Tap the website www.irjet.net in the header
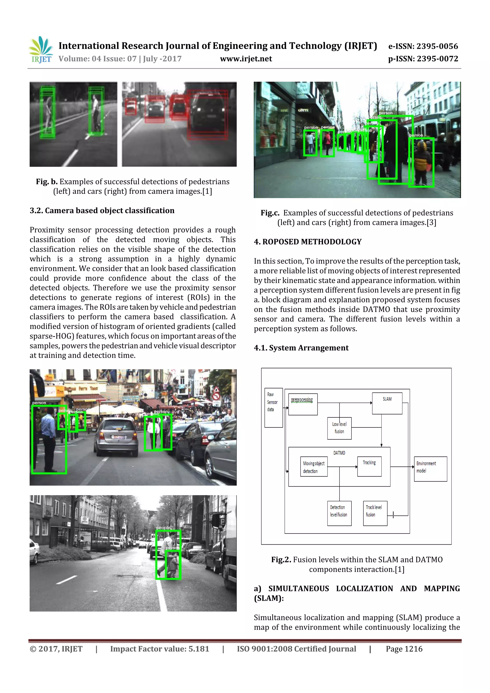(246, 59)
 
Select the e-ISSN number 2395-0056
(423, 46)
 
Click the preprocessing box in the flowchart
(302, 404)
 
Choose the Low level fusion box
(339, 428)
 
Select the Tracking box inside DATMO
(369, 466)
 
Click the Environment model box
(430, 469)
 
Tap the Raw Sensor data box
(273, 407)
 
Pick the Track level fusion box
(375, 513)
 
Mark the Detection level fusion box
(339, 513)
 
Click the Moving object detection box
(314, 467)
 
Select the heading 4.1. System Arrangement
(301, 348)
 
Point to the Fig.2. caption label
(281, 560)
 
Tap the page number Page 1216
(404, 649)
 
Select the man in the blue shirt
(48, 438)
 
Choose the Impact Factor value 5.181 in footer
(159, 649)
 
